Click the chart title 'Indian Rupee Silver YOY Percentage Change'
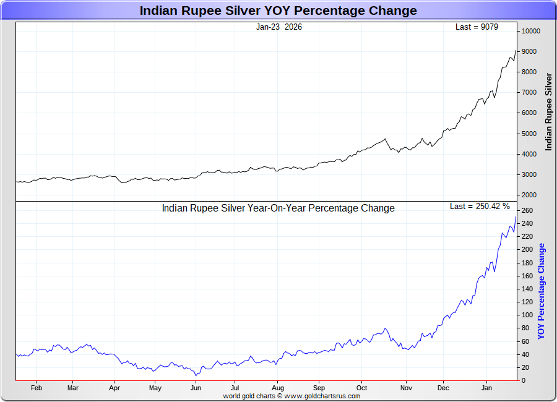[x=278, y=11]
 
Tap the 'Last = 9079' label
[x=477, y=27]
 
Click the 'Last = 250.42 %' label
[x=480, y=206]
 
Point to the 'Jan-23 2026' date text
[x=279, y=27]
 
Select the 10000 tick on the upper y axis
[x=530, y=31]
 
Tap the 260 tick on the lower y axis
[x=527, y=210]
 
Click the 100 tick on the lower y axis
[x=527, y=315]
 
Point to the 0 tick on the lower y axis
[x=523, y=380]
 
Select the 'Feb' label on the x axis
[x=36, y=388]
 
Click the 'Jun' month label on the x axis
[x=196, y=388]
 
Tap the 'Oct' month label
[x=362, y=388]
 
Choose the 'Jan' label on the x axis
[x=486, y=388]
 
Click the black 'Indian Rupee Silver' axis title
[x=548, y=112]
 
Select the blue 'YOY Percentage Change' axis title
[x=542, y=291]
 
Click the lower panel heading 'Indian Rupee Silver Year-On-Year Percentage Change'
[x=278, y=208]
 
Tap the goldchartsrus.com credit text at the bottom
[x=291, y=396]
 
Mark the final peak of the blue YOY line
[x=516, y=216]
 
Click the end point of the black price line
[x=516, y=51]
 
